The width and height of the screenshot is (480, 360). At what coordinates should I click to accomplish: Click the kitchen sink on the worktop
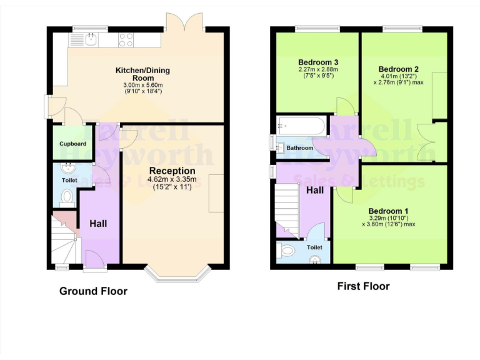pyautogui.click(x=91, y=40)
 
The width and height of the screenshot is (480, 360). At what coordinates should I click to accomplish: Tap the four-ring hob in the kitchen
pyautogui.click(x=126, y=40)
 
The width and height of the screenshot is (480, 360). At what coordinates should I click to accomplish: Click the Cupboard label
pyautogui.click(x=73, y=144)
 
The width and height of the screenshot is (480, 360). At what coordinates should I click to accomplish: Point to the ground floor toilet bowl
pyautogui.click(x=67, y=198)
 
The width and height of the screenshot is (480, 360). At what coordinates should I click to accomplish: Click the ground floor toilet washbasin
pyautogui.click(x=68, y=169)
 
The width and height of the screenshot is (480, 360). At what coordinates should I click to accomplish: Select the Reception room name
pyautogui.click(x=172, y=171)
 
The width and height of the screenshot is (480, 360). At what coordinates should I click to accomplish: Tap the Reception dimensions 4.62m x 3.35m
pyautogui.click(x=172, y=180)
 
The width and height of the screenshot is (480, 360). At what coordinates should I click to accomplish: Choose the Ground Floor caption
pyautogui.click(x=93, y=291)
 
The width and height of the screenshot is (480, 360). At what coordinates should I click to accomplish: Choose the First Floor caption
pyautogui.click(x=363, y=286)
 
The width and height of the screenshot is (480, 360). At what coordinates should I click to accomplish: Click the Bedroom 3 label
pyautogui.click(x=318, y=62)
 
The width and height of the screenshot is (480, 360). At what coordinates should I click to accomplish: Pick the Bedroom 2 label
pyautogui.click(x=398, y=69)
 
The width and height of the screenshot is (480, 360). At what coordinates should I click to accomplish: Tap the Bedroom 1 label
pyautogui.click(x=388, y=211)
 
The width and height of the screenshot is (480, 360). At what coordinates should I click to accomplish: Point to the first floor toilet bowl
pyautogui.click(x=287, y=251)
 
